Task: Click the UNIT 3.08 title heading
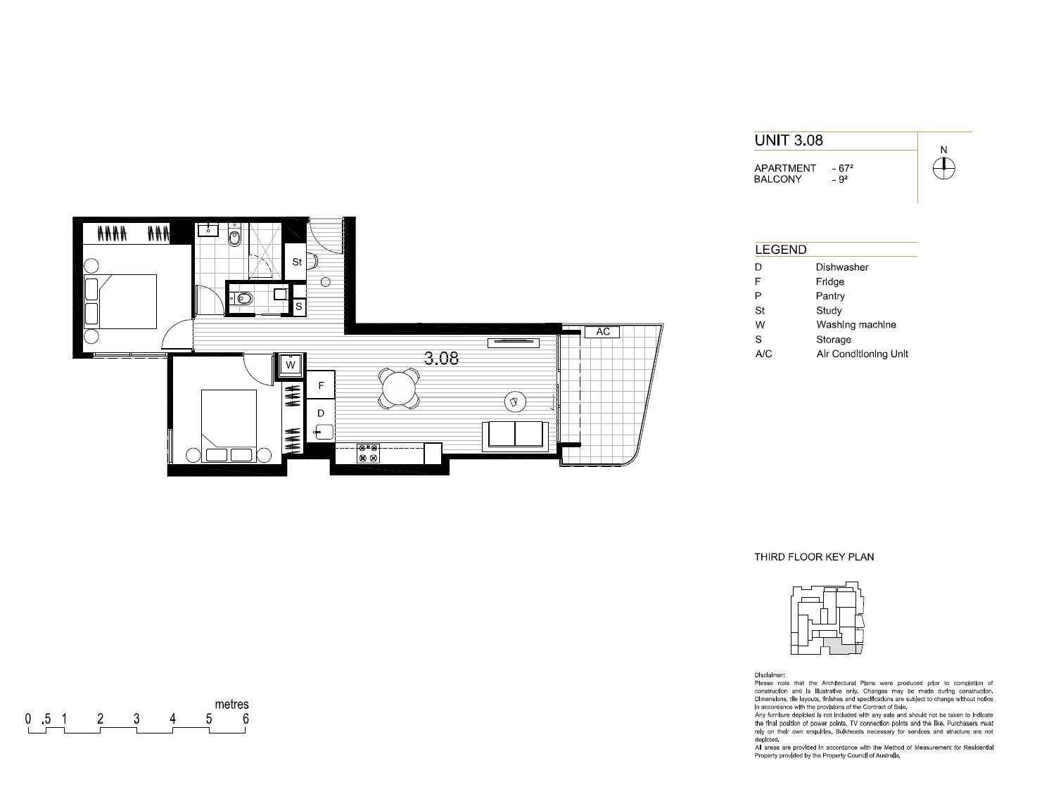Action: [x=789, y=140]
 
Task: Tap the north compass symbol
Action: [x=943, y=168]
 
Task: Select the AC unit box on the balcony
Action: [x=602, y=331]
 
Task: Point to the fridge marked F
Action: [x=321, y=385]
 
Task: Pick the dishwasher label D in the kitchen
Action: [x=321, y=413]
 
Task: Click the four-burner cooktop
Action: [x=369, y=453]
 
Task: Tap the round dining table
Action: [x=399, y=388]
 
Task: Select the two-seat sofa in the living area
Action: [x=516, y=436]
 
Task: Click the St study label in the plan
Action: [x=297, y=262]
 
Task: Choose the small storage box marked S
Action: [x=299, y=307]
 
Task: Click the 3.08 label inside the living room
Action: [x=441, y=358]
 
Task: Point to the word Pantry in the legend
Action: [x=830, y=296]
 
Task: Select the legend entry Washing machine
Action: [x=856, y=325]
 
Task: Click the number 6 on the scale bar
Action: [x=246, y=719]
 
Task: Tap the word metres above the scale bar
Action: [x=232, y=704]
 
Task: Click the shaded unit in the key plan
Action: [x=841, y=647]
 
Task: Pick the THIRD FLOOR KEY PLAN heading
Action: [x=814, y=557]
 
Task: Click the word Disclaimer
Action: [x=769, y=675]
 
